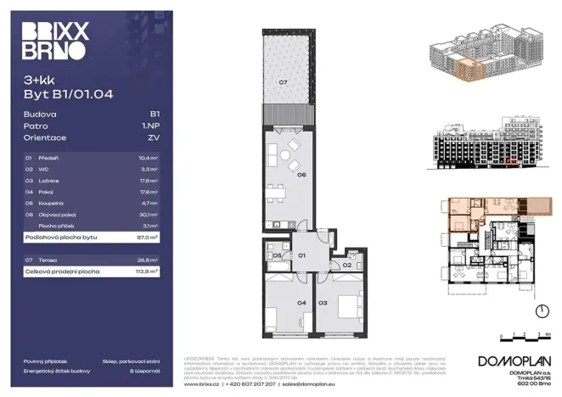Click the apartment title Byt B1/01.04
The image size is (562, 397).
point(68,95)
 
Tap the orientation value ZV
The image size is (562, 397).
point(154,137)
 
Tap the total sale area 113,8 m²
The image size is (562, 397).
point(148,271)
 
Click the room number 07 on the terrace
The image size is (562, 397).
point(284,82)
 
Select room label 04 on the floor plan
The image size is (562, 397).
point(278,302)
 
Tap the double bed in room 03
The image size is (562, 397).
point(345,304)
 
